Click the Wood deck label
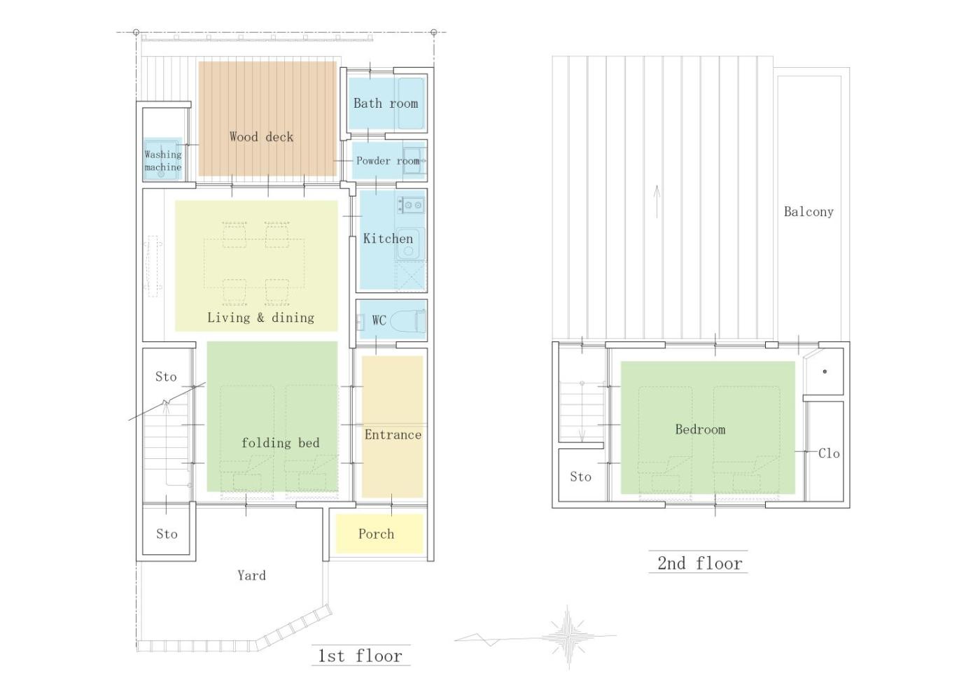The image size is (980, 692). pyautogui.click(x=261, y=137)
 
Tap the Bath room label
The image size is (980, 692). pyautogui.click(x=386, y=104)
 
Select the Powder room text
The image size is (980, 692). pyautogui.click(x=388, y=160)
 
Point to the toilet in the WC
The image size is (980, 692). pyautogui.click(x=407, y=321)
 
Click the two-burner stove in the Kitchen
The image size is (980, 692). pyautogui.click(x=411, y=205)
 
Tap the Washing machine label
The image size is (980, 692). pyautogui.click(x=162, y=160)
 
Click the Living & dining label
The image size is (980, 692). pyautogui.click(x=260, y=318)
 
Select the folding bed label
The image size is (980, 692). pyautogui.click(x=281, y=443)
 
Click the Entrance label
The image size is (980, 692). pyautogui.click(x=393, y=435)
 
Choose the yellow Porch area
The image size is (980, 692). pyautogui.click(x=379, y=534)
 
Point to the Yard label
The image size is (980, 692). pyautogui.click(x=251, y=575)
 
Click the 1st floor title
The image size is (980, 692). pyautogui.click(x=360, y=656)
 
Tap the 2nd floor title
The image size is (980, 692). pyautogui.click(x=699, y=563)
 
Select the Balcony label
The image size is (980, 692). pyautogui.click(x=808, y=212)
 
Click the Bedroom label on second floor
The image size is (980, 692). pyautogui.click(x=700, y=429)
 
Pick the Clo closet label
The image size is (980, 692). pyautogui.click(x=829, y=453)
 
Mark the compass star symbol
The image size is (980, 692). pyautogui.click(x=568, y=637)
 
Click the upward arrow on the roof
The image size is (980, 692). pyautogui.click(x=657, y=202)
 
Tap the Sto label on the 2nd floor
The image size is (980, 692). pyautogui.click(x=580, y=476)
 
